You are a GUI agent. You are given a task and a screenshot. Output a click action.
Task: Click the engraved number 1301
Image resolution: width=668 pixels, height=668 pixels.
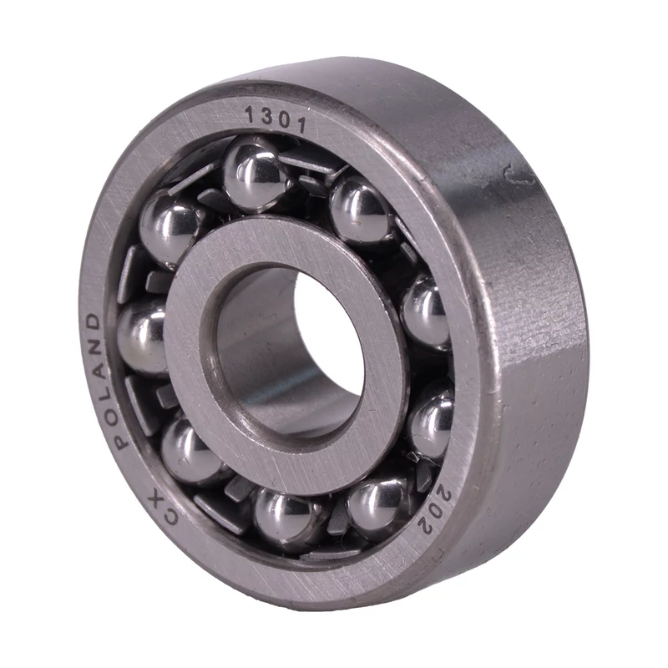coord(276,119)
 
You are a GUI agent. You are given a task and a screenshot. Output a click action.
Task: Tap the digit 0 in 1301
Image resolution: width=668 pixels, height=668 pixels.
coord(283,120)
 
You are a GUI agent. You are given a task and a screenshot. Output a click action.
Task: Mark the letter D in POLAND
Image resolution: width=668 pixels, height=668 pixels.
coord(94,321)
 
